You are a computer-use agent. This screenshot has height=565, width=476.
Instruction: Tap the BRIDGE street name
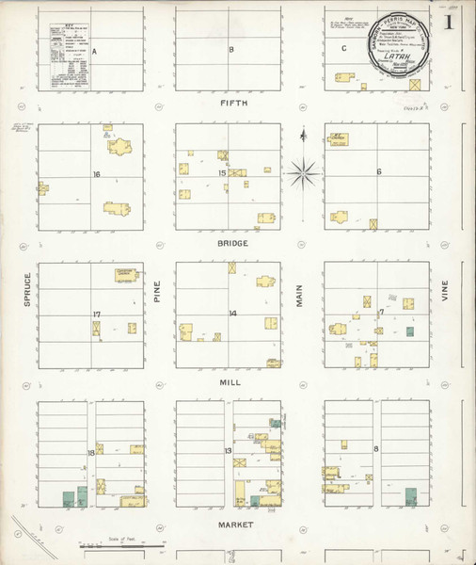[232, 243]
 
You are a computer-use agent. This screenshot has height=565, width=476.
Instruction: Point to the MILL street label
[232, 384]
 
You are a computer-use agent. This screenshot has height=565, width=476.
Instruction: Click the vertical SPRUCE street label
[29, 291]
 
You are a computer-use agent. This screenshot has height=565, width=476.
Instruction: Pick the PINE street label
[159, 292]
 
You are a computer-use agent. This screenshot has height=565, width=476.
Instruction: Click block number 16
[96, 174]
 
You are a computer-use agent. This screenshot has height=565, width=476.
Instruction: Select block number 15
[223, 173]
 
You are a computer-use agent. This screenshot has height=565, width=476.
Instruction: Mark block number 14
[231, 313]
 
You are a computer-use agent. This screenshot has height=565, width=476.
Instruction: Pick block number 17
[96, 314]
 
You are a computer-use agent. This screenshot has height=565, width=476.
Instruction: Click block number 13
[228, 453]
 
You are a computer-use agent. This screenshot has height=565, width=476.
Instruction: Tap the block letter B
[230, 49]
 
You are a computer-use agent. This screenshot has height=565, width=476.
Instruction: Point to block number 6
[378, 172]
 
